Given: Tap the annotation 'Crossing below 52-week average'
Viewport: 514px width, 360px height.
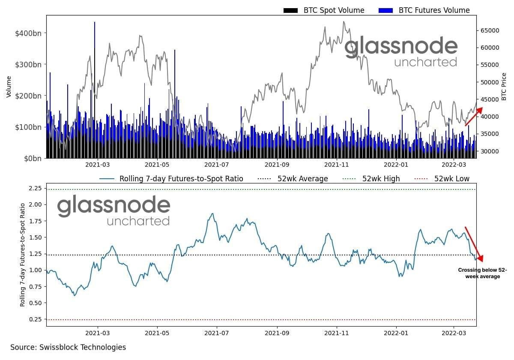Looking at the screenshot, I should tap(482, 273).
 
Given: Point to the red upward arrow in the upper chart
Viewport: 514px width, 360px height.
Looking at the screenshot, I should tap(474, 117).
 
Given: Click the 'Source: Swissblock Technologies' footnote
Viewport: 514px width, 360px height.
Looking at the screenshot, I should tap(68, 347).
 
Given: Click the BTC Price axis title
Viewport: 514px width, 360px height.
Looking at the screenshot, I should tap(504, 87).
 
